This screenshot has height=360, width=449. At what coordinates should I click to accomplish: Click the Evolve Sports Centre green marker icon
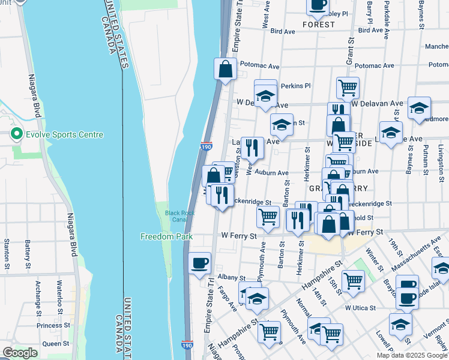click(x=16, y=135)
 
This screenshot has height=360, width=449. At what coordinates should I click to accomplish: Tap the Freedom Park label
click(x=166, y=236)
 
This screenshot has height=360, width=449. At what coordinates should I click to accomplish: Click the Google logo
click(x=20, y=353)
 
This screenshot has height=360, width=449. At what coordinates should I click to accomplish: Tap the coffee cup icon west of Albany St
click(x=200, y=262)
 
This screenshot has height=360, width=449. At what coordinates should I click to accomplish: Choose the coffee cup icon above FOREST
click(x=318, y=5)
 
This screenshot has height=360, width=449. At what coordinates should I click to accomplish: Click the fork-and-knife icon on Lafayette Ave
click(x=253, y=147)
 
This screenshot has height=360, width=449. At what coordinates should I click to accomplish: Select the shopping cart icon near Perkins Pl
click(x=348, y=88)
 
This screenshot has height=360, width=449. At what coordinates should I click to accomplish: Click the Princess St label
click(x=53, y=325)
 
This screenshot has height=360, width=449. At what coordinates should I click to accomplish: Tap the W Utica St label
click(x=360, y=308)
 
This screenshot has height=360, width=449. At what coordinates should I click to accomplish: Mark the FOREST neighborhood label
click(x=319, y=25)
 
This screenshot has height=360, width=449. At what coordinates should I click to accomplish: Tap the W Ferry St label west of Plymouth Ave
click(x=237, y=236)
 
